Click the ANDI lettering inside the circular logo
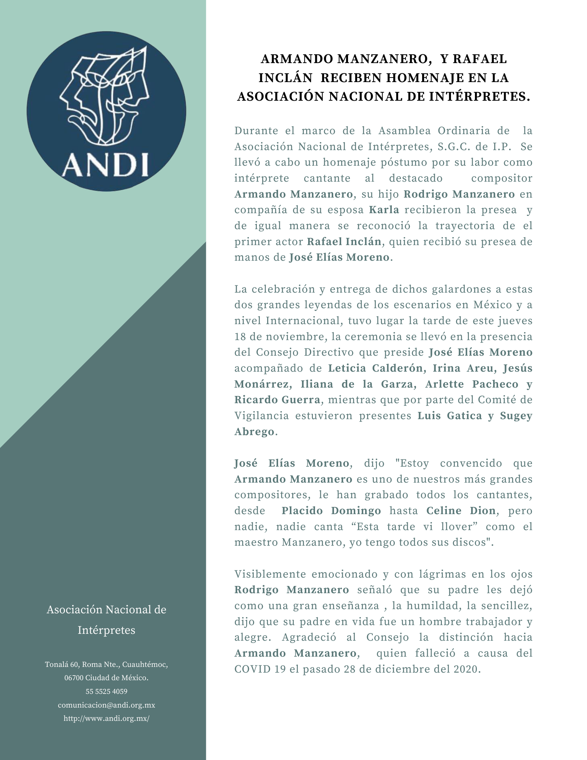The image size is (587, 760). point(105,165)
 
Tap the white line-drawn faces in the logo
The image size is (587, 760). point(104,95)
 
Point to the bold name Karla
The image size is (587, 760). point(384,210)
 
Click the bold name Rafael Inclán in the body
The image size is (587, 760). point(344,242)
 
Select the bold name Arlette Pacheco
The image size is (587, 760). point(471,384)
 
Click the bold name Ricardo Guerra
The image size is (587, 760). point(277,400)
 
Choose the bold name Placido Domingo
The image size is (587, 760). point(331,511)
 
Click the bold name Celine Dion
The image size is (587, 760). point(461,511)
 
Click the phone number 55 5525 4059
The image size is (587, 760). point(106,691)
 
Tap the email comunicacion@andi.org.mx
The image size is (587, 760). point(106,705)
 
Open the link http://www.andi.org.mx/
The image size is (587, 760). point(106,719)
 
